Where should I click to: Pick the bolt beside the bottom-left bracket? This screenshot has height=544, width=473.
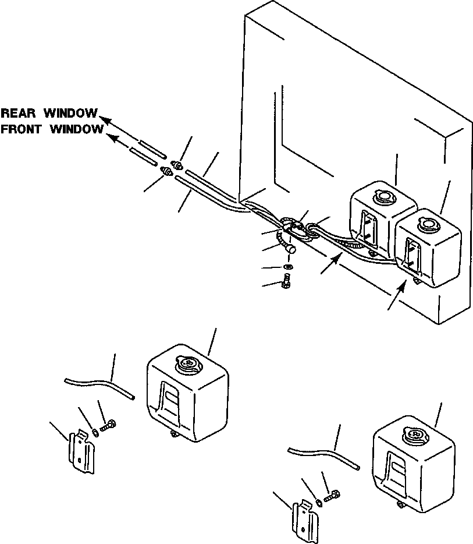point(108,426)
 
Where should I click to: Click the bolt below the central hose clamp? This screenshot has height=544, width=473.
point(286,282)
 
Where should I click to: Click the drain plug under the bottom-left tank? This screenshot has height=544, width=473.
point(174,433)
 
